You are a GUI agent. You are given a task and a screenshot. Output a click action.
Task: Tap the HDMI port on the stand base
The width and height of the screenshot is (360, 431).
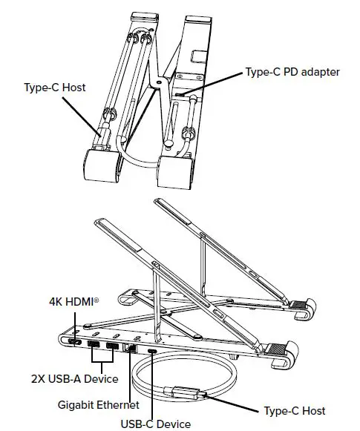(x=75, y=342)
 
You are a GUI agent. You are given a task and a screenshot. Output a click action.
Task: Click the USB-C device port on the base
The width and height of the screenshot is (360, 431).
(x=152, y=352)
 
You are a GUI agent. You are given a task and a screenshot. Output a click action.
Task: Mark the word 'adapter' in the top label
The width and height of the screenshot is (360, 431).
(x=320, y=73)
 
